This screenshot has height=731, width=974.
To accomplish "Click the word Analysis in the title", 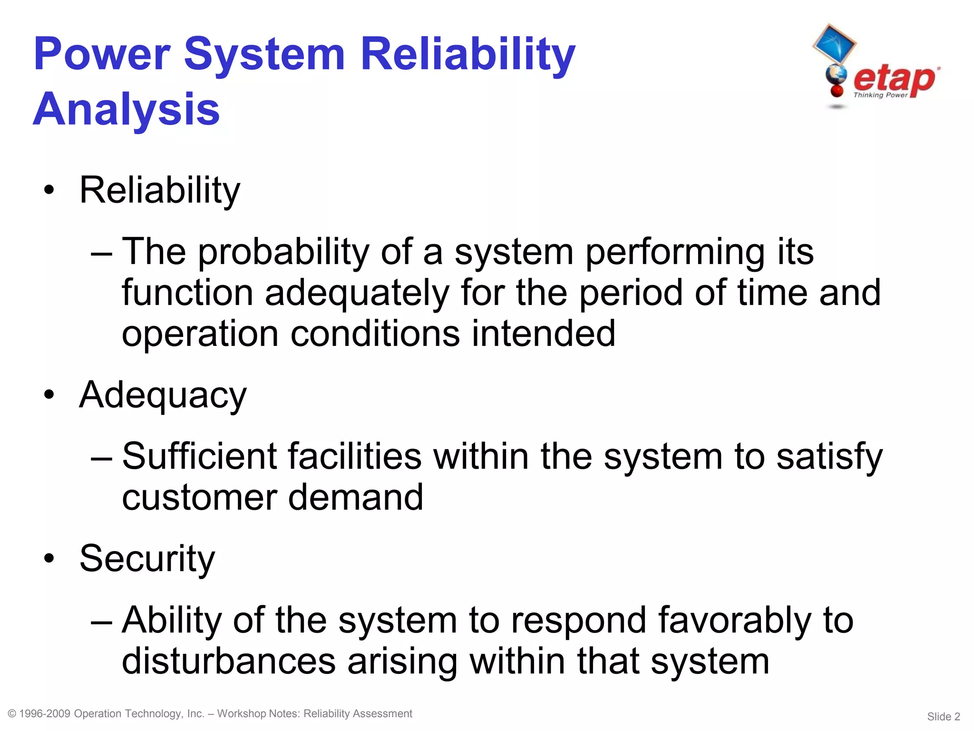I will [x=126, y=109].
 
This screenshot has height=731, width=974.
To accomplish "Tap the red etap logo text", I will [x=894, y=79].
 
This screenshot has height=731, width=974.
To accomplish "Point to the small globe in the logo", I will [x=836, y=75].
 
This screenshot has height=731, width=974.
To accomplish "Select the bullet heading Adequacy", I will [x=163, y=395].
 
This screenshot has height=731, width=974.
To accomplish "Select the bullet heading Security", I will [x=147, y=558].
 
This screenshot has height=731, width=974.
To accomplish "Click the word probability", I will [x=283, y=252].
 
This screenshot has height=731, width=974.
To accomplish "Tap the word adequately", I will [x=357, y=293].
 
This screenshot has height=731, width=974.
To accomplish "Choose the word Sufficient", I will [x=200, y=456].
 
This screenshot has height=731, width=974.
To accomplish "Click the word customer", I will [x=200, y=497].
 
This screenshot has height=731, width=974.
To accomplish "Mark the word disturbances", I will [x=229, y=661].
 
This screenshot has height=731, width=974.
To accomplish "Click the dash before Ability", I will [x=101, y=621].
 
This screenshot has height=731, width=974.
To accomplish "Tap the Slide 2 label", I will [x=944, y=716].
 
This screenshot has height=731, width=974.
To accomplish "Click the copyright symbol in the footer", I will [x=12, y=713].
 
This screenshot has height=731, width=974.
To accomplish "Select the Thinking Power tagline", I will [x=880, y=95].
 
